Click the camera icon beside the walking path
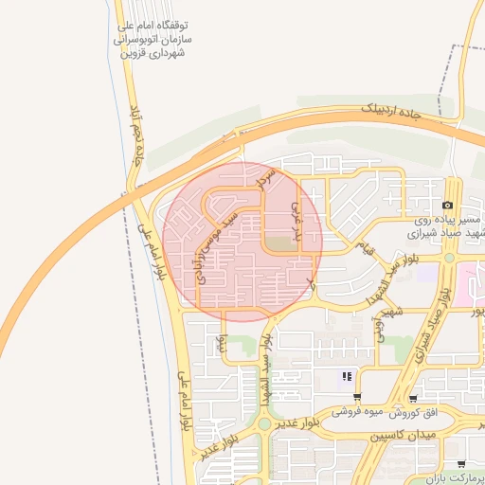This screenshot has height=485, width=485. coord(447,206)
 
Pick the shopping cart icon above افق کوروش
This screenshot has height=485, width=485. coord(413,398)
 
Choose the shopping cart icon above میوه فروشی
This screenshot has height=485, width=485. coord(356,398)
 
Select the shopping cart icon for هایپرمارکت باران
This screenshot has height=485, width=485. coord(461,464)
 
